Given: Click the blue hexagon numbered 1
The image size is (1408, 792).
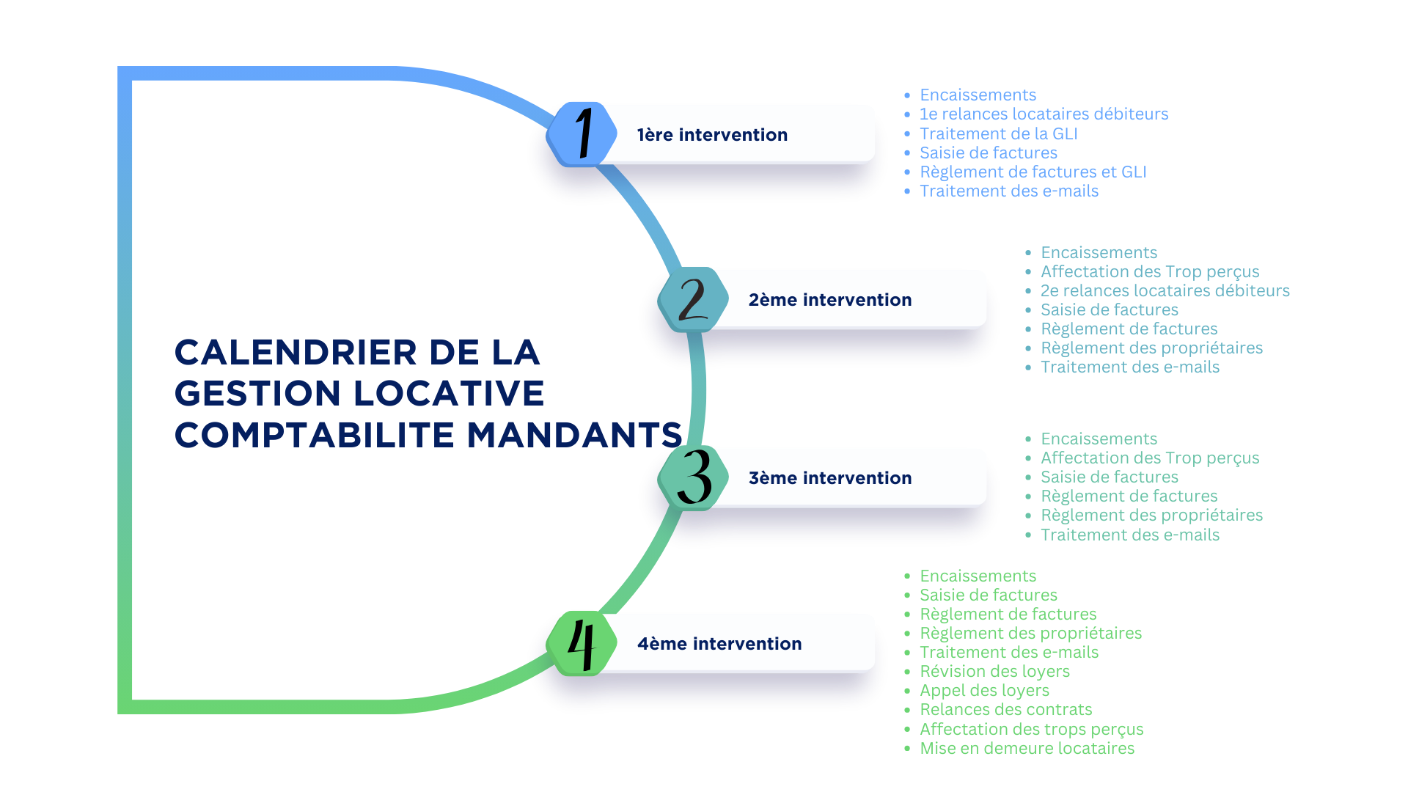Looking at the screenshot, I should [582, 134].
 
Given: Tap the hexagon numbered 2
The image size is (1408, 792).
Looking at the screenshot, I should [693, 299].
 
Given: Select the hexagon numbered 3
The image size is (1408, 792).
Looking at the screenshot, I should [693, 477].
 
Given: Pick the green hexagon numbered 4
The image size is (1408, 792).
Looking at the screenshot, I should [582, 643].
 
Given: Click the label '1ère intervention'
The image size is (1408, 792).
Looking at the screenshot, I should [712, 135].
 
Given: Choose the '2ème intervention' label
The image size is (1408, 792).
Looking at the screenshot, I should [829, 300].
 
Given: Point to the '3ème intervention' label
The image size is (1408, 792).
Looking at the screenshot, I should [829, 478].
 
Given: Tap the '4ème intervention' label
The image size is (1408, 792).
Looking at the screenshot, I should [719, 644].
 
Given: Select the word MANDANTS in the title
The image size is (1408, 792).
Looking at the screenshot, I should [574, 435].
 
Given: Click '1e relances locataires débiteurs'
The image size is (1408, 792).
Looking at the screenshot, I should [1044, 114].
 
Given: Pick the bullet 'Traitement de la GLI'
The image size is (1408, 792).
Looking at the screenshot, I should [998, 133].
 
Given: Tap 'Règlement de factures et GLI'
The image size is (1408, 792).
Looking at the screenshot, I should [1033, 172].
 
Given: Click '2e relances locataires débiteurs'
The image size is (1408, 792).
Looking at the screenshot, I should [1165, 290].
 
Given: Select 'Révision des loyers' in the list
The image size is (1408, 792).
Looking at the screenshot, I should [994, 671].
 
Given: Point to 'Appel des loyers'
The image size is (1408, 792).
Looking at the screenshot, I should [984, 690].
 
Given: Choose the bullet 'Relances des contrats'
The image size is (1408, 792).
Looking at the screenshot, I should [1005, 709].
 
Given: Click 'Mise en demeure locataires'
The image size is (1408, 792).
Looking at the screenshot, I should [1027, 748].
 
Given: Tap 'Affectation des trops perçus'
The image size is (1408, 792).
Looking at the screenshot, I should [1031, 729].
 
